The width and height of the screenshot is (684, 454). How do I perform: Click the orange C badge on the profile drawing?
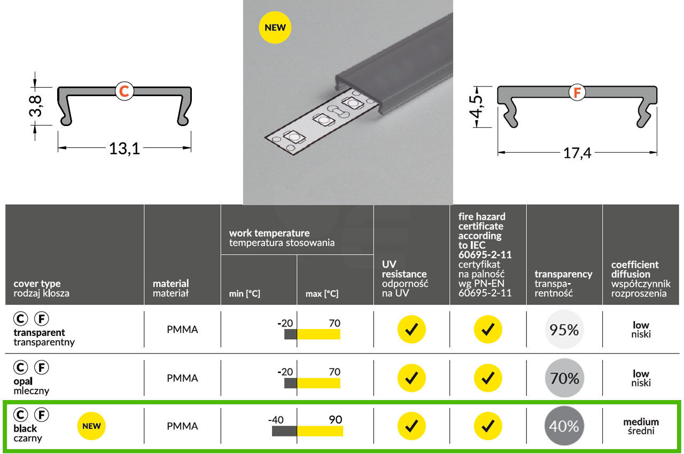click(x=125, y=91)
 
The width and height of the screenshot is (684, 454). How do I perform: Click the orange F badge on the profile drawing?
click(x=577, y=92)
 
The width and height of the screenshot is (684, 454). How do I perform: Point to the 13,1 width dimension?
click(x=125, y=149)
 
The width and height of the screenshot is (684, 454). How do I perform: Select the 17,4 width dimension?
click(x=577, y=153)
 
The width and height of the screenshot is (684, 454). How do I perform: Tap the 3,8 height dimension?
click(x=35, y=106)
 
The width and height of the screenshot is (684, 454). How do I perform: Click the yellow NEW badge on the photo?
click(x=275, y=27)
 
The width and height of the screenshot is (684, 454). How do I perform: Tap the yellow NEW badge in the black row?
click(x=91, y=426)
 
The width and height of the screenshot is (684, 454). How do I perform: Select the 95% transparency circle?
click(x=564, y=329)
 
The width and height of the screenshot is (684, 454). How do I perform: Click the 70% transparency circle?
click(x=564, y=378)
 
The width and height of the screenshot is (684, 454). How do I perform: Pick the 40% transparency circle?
click(x=564, y=426)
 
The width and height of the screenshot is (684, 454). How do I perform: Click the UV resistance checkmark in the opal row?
click(x=411, y=378)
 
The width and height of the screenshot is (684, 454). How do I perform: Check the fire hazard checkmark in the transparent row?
click(x=488, y=329)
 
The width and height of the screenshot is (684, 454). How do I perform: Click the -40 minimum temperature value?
click(x=276, y=420)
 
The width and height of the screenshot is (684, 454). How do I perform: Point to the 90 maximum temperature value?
click(x=335, y=420)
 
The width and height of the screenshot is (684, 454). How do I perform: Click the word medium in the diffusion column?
click(x=641, y=422)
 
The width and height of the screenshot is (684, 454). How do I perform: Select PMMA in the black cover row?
click(x=182, y=426)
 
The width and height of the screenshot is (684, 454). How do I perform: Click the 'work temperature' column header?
click(x=269, y=233)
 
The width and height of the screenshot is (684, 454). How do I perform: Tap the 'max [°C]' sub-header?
click(x=322, y=294)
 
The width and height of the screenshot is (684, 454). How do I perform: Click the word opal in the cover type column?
click(x=23, y=381)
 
